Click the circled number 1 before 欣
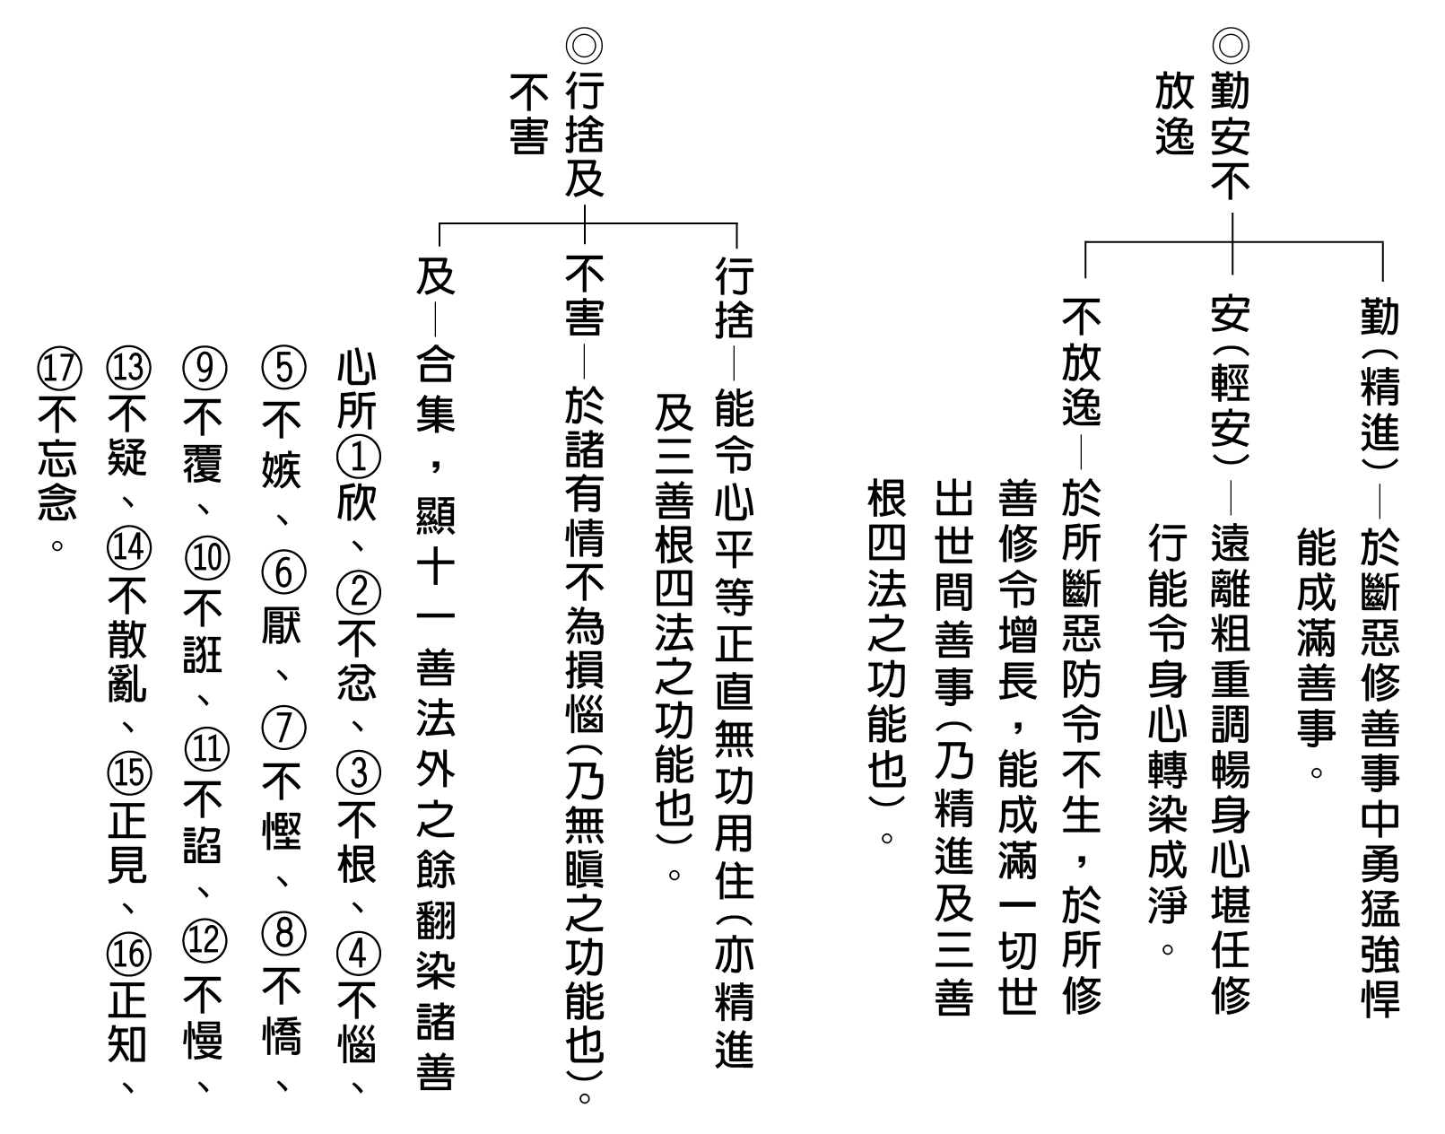pos(359,458)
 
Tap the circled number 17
pos(59,368)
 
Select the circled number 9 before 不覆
pos(205,368)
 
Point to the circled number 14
pos(129,548)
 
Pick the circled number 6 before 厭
pos(284,572)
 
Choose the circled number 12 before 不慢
pos(205,940)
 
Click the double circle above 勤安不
pos(1231,46)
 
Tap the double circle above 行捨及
pos(584,46)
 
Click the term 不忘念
pos(58,459)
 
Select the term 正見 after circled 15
pos(127,842)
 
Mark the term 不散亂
pos(127,641)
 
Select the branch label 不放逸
pos(1082,362)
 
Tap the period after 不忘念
pos(57,546)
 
